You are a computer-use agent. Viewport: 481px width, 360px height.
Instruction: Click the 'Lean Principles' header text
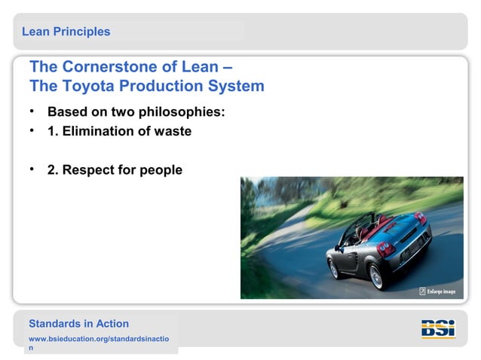[66, 32]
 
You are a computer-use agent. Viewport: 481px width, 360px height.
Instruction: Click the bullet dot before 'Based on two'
[33, 111]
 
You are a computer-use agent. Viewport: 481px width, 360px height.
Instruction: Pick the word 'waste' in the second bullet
[171, 131]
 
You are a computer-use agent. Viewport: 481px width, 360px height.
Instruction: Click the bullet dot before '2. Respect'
[33, 169]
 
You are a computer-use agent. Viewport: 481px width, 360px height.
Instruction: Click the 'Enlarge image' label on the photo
[440, 291]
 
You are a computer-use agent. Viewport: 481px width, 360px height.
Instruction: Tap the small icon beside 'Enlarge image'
[422, 291]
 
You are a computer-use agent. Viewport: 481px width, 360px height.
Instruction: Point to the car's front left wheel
[333, 267]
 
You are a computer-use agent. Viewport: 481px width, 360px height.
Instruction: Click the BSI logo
[437, 329]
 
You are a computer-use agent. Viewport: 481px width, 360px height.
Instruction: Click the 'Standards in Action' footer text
[78, 324]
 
